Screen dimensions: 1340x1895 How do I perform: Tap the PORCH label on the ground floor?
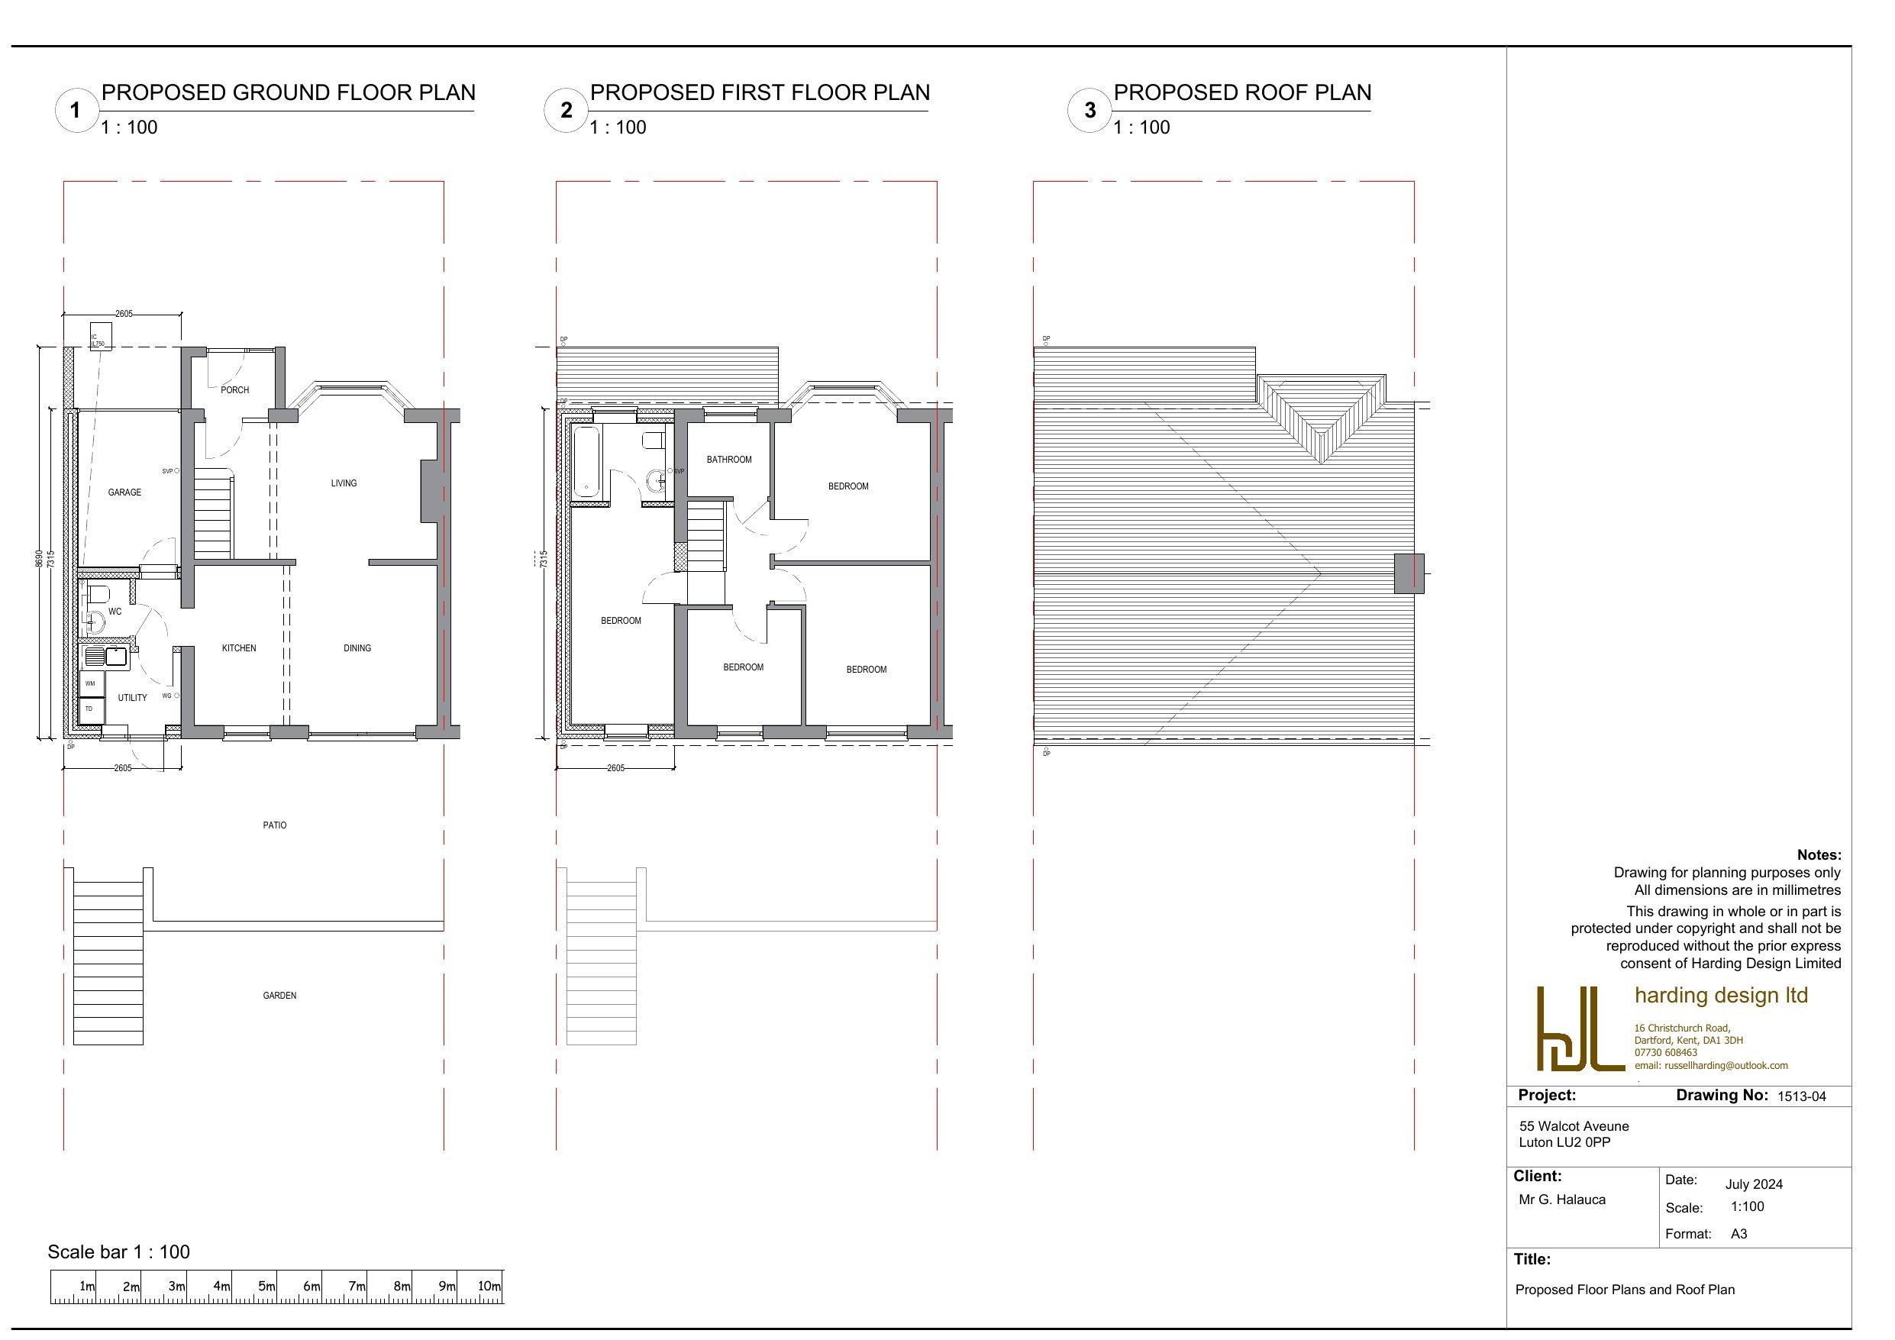tap(234, 390)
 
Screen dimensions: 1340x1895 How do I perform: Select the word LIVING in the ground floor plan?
tap(344, 484)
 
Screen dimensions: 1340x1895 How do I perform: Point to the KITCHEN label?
tap(239, 649)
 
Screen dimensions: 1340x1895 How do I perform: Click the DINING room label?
tap(357, 649)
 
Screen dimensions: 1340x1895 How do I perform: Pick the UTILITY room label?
tap(132, 699)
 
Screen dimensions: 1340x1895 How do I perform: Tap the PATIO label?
tap(275, 825)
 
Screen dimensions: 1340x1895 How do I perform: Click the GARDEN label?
tap(279, 996)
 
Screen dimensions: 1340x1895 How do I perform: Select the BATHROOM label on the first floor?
tap(729, 460)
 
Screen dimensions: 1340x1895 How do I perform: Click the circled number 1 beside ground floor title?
tap(76, 110)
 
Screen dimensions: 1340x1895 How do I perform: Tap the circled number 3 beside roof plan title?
tap(1090, 110)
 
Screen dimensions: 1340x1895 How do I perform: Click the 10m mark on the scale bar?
tap(489, 1287)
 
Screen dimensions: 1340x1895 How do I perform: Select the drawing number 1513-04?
tap(1801, 1097)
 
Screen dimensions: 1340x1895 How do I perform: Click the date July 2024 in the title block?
tap(1754, 1185)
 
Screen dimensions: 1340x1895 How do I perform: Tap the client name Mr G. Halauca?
tap(1561, 1200)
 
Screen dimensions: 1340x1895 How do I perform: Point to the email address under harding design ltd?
tap(1711, 1066)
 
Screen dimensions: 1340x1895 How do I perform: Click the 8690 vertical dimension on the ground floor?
tap(39, 559)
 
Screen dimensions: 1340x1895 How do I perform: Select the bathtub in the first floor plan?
tap(586, 463)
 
